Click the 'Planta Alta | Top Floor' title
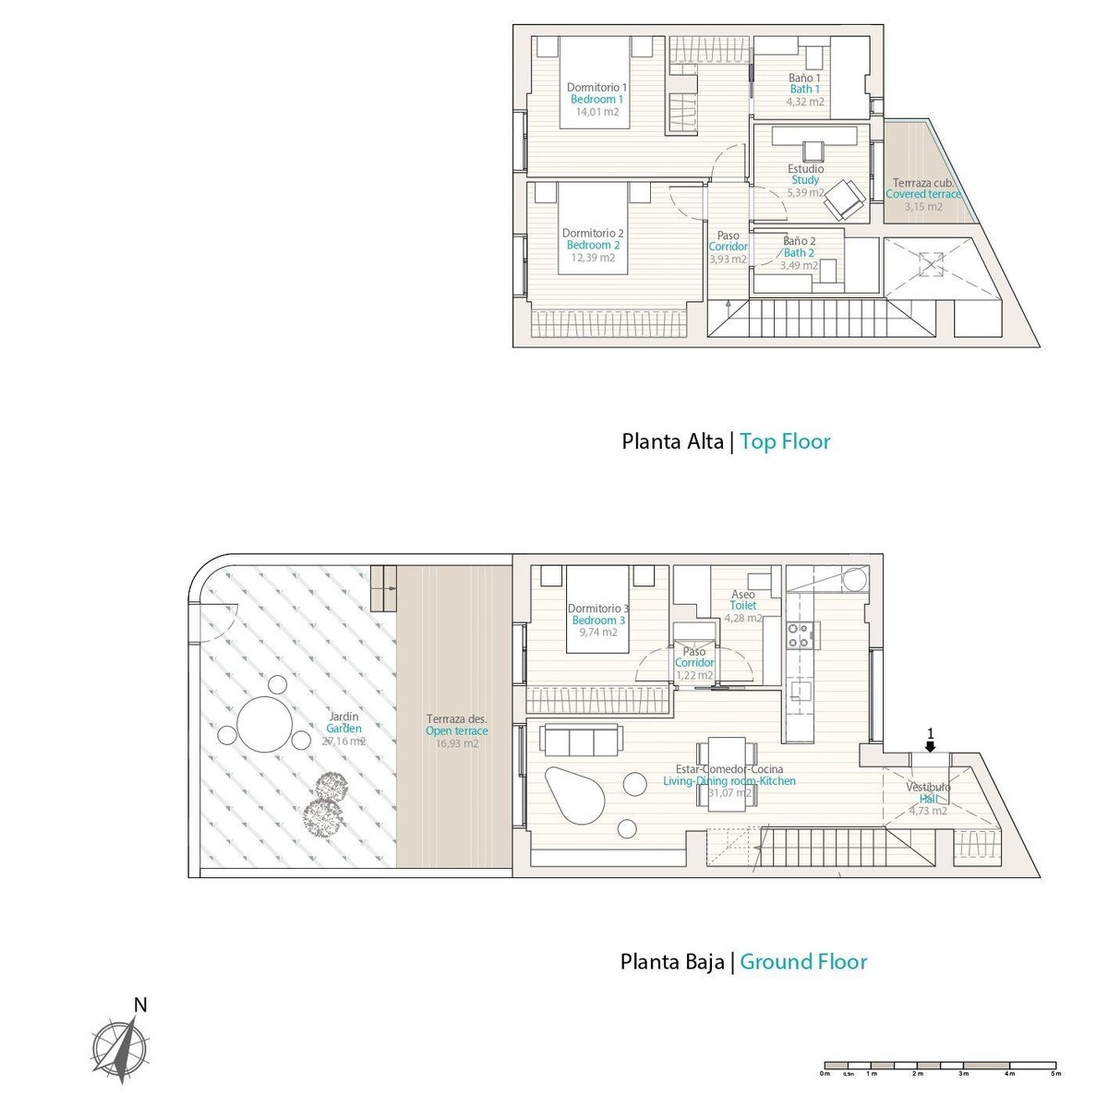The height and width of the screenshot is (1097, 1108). pyautogui.click(x=726, y=441)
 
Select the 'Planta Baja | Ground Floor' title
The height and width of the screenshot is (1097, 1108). pyautogui.click(x=743, y=962)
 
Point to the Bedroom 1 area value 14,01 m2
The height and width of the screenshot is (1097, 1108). pyautogui.click(x=596, y=112)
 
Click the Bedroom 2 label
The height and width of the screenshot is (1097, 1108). pyautogui.click(x=593, y=246)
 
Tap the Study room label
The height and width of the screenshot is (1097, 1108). pyautogui.click(x=805, y=180)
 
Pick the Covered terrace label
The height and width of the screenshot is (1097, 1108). pyautogui.click(x=923, y=195)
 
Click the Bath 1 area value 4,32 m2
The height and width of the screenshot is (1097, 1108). pyautogui.click(x=804, y=102)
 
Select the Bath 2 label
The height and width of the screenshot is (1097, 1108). pyautogui.click(x=799, y=253)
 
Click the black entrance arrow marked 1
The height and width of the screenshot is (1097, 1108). pyautogui.click(x=931, y=746)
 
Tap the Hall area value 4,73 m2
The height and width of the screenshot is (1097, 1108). pyautogui.click(x=928, y=812)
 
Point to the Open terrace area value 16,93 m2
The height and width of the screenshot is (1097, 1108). pyautogui.click(x=457, y=743)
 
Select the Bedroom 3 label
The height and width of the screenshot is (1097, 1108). pyautogui.click(x=598, y=621)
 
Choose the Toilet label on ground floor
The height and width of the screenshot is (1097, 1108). pyautogui.click(x=743, y=606)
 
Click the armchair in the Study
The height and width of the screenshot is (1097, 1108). pyautogui.click(x=844, y=199)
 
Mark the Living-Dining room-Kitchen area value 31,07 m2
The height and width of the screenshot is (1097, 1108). pyautogui.click(x=729, y=793)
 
